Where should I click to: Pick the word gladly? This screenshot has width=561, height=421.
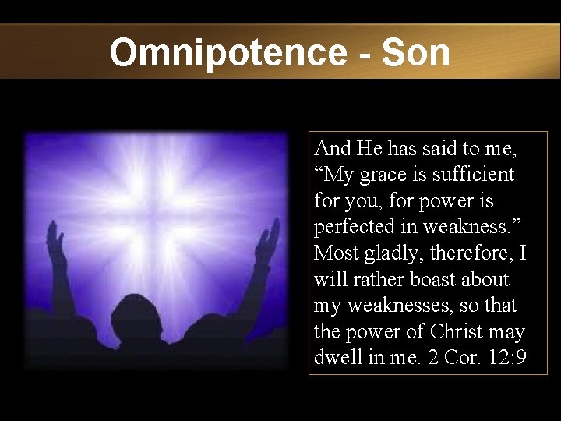[x=384, y=253]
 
